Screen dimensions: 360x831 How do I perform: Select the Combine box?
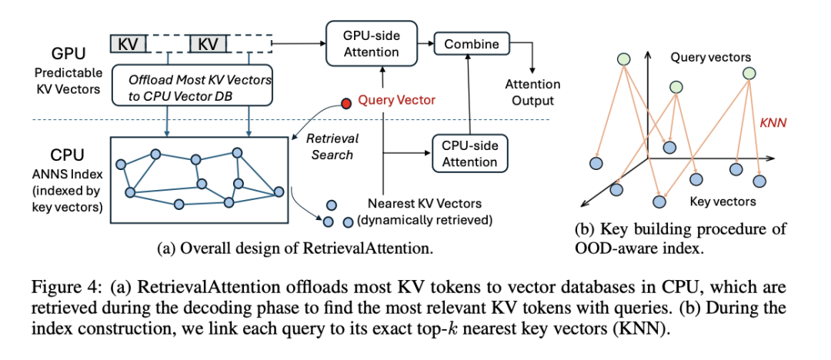(471, 45)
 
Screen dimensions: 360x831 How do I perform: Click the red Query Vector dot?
(346, 101)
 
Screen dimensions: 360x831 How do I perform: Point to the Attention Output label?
(532, 93)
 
